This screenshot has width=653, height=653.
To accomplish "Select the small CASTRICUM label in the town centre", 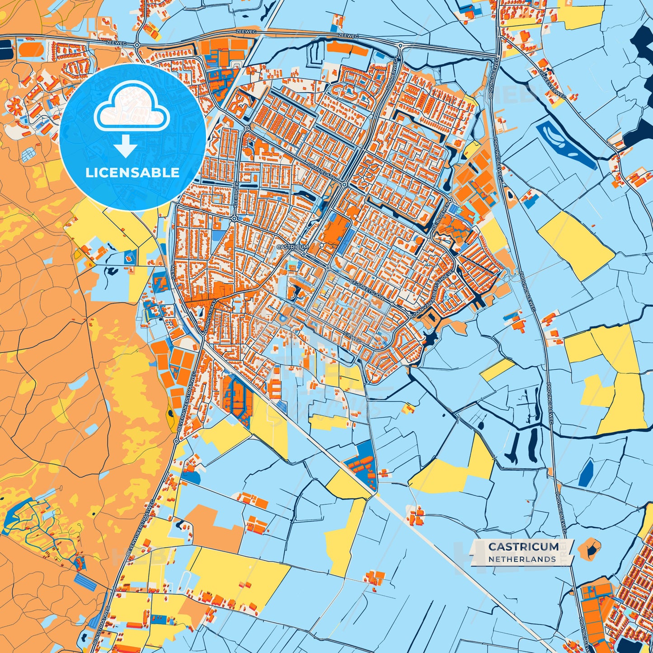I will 292,247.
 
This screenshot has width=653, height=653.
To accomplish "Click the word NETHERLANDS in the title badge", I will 522,559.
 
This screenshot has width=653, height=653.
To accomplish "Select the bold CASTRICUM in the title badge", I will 523,547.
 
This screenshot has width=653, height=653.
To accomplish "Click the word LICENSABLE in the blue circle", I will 132,172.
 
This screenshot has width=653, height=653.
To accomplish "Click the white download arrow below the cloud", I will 126,146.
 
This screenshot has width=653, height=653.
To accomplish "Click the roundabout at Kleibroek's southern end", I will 234,219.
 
